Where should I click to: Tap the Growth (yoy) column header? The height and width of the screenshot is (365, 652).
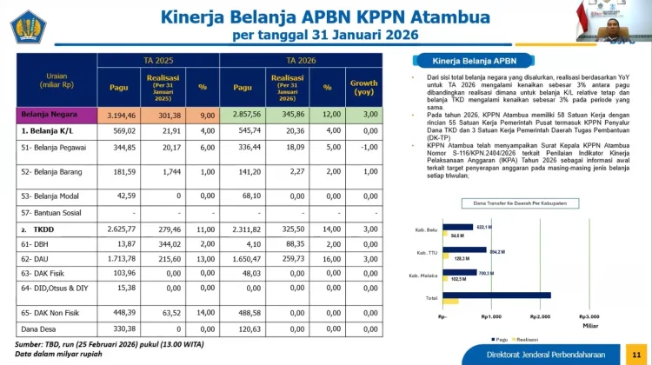coord(363,87)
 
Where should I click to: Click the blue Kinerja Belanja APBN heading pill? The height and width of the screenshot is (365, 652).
coord(475,61)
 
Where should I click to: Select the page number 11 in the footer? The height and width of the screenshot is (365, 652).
coord(635,355)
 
